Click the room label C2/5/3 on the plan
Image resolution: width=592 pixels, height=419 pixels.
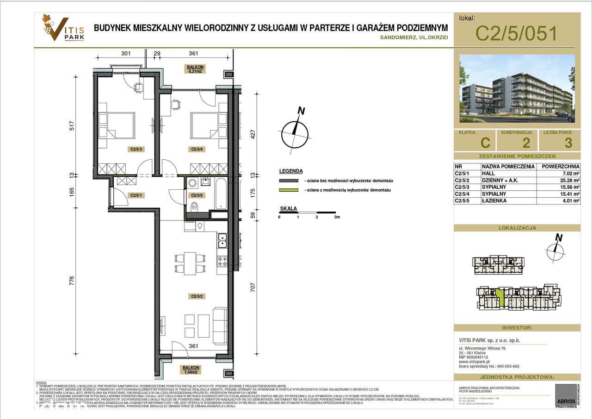click(x=136, y=150)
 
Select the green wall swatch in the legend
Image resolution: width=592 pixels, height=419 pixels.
click(x=290, y=191)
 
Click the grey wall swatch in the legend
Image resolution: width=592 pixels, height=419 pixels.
click(x=290, y=181)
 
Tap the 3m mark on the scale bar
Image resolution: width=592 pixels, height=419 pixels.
click(x=337, y=217)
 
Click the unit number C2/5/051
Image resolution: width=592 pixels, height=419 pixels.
click(x=516, y=33)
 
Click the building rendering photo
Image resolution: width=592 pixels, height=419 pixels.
click(x=517, y=89)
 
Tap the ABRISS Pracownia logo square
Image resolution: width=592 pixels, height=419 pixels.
click(x=565, y=395)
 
